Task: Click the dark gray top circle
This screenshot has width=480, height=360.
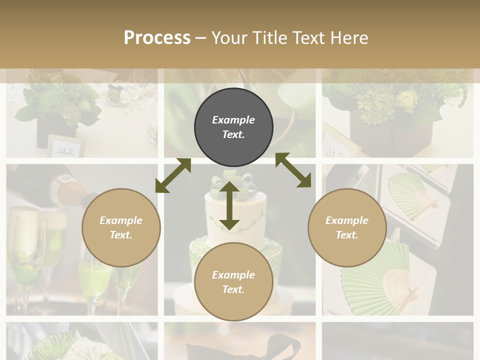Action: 233,127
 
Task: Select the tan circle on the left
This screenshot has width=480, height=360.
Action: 121,227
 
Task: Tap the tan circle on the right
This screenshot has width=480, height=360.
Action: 347,227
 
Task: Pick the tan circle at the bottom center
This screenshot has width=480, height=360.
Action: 233,282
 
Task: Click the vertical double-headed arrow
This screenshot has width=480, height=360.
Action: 229,205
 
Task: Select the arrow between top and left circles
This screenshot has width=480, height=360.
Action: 173,175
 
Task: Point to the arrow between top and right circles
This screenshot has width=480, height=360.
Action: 293,170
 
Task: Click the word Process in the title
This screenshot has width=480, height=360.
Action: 157,37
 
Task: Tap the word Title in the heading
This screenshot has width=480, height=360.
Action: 268,37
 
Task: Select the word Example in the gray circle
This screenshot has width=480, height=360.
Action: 233,120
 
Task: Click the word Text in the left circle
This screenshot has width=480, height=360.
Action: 121,235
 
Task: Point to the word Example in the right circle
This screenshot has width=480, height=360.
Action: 347,220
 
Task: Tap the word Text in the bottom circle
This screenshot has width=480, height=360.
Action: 233,289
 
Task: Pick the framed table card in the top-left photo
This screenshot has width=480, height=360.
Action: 65,145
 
